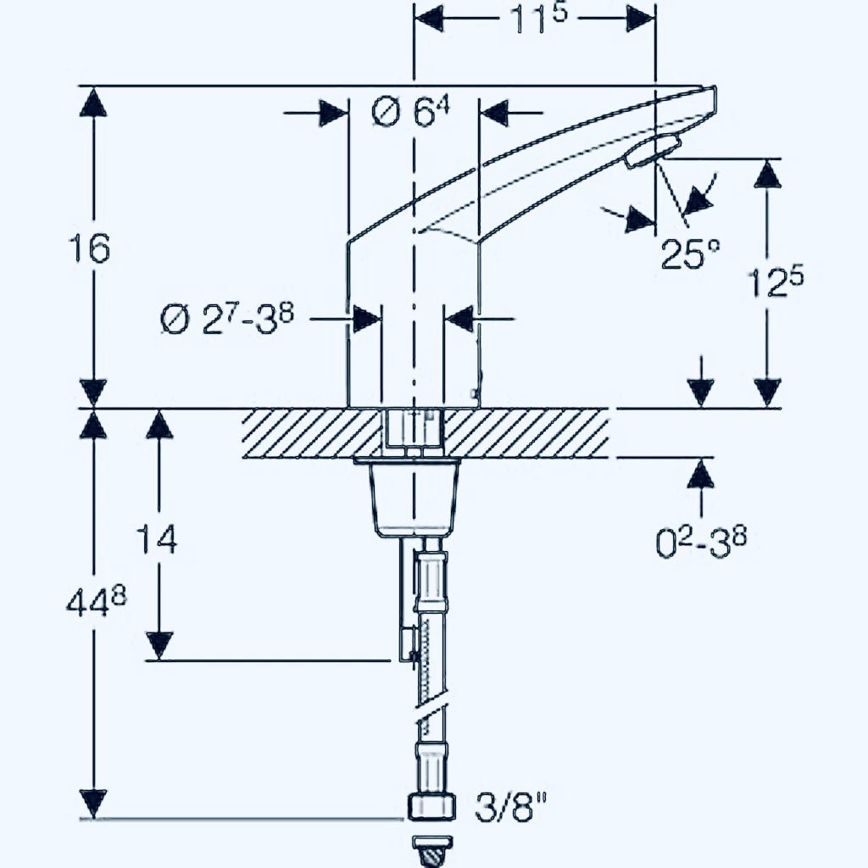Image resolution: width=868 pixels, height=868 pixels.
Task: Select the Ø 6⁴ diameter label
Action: click(412, 113)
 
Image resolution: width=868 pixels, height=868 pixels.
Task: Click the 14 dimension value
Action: click(159, 539)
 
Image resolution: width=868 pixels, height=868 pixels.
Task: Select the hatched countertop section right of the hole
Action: click(526, 433)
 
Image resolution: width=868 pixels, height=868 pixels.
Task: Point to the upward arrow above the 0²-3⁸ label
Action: click(700, 475)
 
